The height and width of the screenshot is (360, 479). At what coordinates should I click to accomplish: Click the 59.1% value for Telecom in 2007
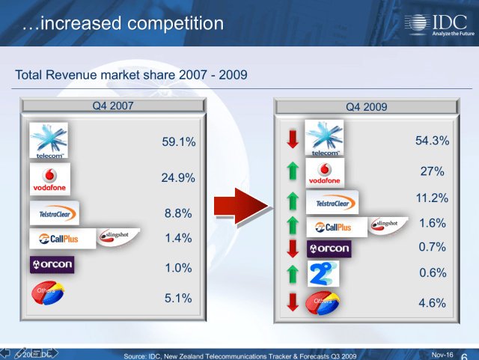(x=178, y=141)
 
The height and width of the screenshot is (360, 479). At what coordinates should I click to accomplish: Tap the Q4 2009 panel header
(x=366, y=106)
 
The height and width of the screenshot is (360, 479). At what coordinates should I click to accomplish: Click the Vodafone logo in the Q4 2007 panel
(x=49, y=180)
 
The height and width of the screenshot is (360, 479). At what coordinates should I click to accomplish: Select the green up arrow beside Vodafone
(x=293, y=172)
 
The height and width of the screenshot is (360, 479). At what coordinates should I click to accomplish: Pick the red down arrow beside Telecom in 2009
(x=293, y=138)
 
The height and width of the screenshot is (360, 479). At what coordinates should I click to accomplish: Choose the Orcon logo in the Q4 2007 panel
(x=52, y=265)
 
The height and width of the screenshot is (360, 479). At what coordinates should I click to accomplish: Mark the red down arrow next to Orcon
(x=293, y=248)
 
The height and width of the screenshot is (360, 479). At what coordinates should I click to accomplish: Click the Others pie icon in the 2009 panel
(x=326, y=303)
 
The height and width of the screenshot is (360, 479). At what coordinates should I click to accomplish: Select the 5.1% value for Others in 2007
(x=178, y=298)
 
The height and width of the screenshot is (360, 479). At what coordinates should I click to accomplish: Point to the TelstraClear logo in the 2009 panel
(x=332, y=202)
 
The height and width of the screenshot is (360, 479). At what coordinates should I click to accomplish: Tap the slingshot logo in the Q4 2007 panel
(x=118, y=236)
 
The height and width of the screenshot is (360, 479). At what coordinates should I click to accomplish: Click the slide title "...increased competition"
(x=123, y=23)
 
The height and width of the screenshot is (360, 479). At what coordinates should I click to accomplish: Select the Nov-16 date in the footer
(x=444, y=353)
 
